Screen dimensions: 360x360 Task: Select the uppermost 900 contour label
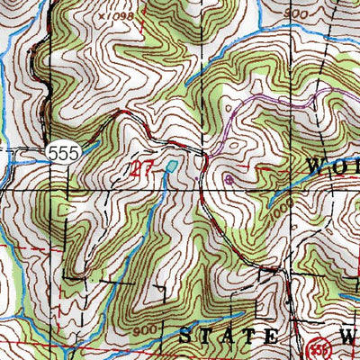tap(272, 15)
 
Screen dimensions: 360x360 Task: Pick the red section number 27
tap(142, 167)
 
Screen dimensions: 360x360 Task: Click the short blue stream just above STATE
tap(216, 319)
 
